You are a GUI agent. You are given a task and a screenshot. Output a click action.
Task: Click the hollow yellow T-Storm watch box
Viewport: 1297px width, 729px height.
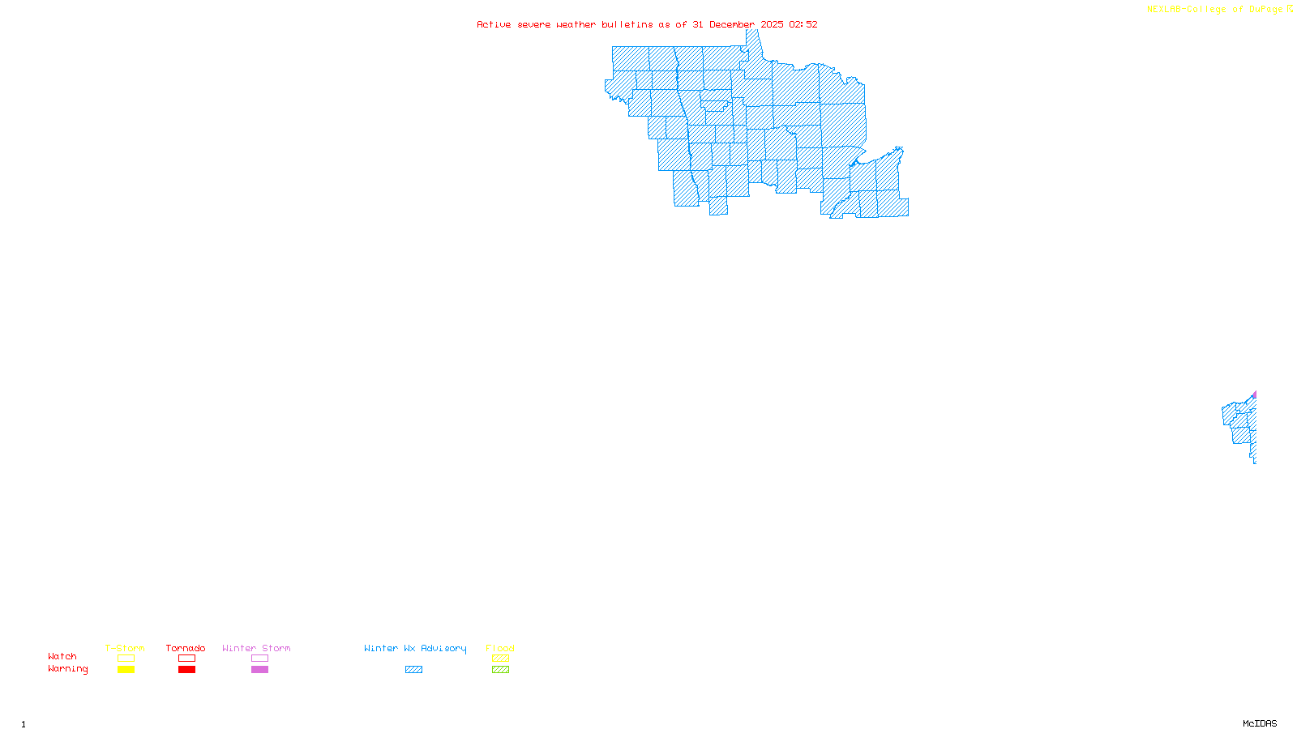(x=126, y=659)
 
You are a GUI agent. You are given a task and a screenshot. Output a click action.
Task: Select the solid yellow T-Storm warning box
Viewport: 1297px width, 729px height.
(x=126, y=670)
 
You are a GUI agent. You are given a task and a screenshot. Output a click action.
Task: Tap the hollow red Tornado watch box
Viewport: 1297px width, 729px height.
(x=186, y=659)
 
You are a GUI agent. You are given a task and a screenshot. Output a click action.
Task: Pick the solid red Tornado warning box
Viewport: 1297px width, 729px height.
(x=186, y=670)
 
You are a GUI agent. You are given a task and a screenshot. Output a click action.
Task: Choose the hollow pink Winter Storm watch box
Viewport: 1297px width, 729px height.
(x=259, y=659)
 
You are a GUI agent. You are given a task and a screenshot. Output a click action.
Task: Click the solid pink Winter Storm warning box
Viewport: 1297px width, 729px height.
(x=259, y=670)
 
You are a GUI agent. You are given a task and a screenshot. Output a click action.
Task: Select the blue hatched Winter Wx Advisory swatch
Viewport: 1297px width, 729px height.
(x=413, y=670)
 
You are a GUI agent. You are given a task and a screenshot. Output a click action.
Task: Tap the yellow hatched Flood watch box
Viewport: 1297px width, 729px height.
(x=500, y=659)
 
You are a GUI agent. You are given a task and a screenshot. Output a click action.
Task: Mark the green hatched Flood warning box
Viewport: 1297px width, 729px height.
(x=500, y=670)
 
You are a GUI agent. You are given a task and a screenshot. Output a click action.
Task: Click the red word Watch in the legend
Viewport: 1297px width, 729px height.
(x=62, y=657)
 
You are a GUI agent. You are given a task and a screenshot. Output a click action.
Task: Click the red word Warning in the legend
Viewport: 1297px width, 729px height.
(x=67, y=669)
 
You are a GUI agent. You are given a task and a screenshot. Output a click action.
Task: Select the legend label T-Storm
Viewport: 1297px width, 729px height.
(x=125, y=648)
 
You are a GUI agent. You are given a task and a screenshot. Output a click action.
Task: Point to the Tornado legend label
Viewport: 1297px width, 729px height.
(x=186, y=648)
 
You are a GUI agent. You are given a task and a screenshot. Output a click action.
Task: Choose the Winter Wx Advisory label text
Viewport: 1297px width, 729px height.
(x=415, y=648)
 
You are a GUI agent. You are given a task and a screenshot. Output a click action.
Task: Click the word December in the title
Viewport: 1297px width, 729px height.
(x=732, y=24)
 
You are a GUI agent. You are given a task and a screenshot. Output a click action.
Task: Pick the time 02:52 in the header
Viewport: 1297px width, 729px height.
(x=803, y=24)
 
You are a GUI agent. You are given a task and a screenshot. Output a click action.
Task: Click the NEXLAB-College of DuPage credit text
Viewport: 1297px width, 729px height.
(x=1215, y=9)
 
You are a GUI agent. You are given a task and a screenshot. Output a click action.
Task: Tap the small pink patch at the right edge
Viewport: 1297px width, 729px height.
(x=1254, y=394)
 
